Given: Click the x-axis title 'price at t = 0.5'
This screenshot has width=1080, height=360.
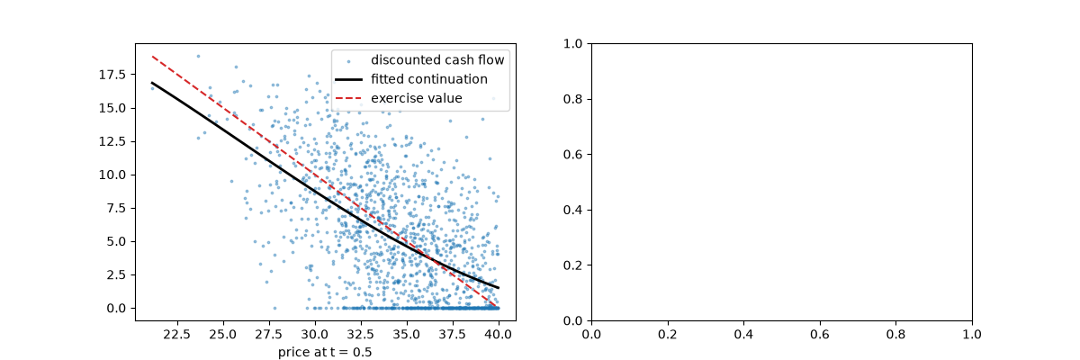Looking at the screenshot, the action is point(325,352).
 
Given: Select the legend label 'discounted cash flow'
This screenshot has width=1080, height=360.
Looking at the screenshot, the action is point(437,59).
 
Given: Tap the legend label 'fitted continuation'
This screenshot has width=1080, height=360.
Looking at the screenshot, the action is point(429,79).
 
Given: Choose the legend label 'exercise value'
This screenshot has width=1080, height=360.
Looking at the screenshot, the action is point(417,98).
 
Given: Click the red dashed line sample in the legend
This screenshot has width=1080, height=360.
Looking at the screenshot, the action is point(348,98).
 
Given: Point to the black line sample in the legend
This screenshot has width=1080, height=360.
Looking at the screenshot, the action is point(348,79).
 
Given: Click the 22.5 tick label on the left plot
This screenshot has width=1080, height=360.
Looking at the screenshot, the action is point(177,335).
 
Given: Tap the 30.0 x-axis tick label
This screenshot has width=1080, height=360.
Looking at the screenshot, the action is point(315,335).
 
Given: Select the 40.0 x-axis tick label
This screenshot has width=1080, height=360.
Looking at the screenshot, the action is point(498,335).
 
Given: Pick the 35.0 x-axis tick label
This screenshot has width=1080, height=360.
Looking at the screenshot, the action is point(407,335).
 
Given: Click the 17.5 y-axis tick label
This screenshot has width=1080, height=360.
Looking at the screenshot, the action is point(112,75).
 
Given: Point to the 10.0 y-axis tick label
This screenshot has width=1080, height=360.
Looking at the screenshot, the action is point(112,175).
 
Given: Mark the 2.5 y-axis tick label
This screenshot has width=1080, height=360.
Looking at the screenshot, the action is point(116,274).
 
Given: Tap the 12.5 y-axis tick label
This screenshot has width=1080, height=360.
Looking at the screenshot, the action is point(112,141).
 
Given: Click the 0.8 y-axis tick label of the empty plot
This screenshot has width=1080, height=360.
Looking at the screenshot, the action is point(572,99).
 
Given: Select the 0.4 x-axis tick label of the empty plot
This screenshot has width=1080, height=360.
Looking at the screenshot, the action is point(743,335).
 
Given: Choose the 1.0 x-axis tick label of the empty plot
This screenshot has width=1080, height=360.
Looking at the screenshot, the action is point(972,335).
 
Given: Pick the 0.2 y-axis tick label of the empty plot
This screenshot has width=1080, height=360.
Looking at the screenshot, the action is point(572,265).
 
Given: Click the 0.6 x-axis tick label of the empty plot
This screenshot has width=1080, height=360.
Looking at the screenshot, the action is point(820,335).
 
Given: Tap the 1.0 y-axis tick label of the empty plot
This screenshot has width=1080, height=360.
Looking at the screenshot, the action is point(572,44).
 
